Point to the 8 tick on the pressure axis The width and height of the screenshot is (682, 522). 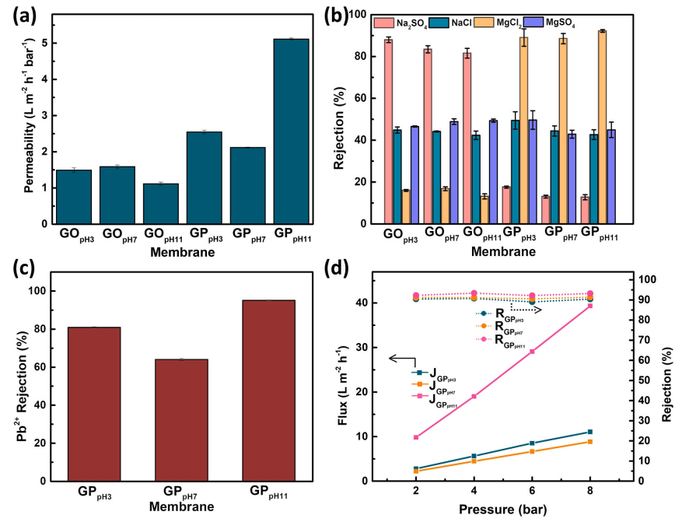click(590, 491)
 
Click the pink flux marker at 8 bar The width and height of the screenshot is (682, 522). click(590, 306)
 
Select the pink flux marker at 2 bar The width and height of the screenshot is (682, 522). click(416, 437)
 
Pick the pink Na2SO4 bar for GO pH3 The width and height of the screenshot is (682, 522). click(388, 131)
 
